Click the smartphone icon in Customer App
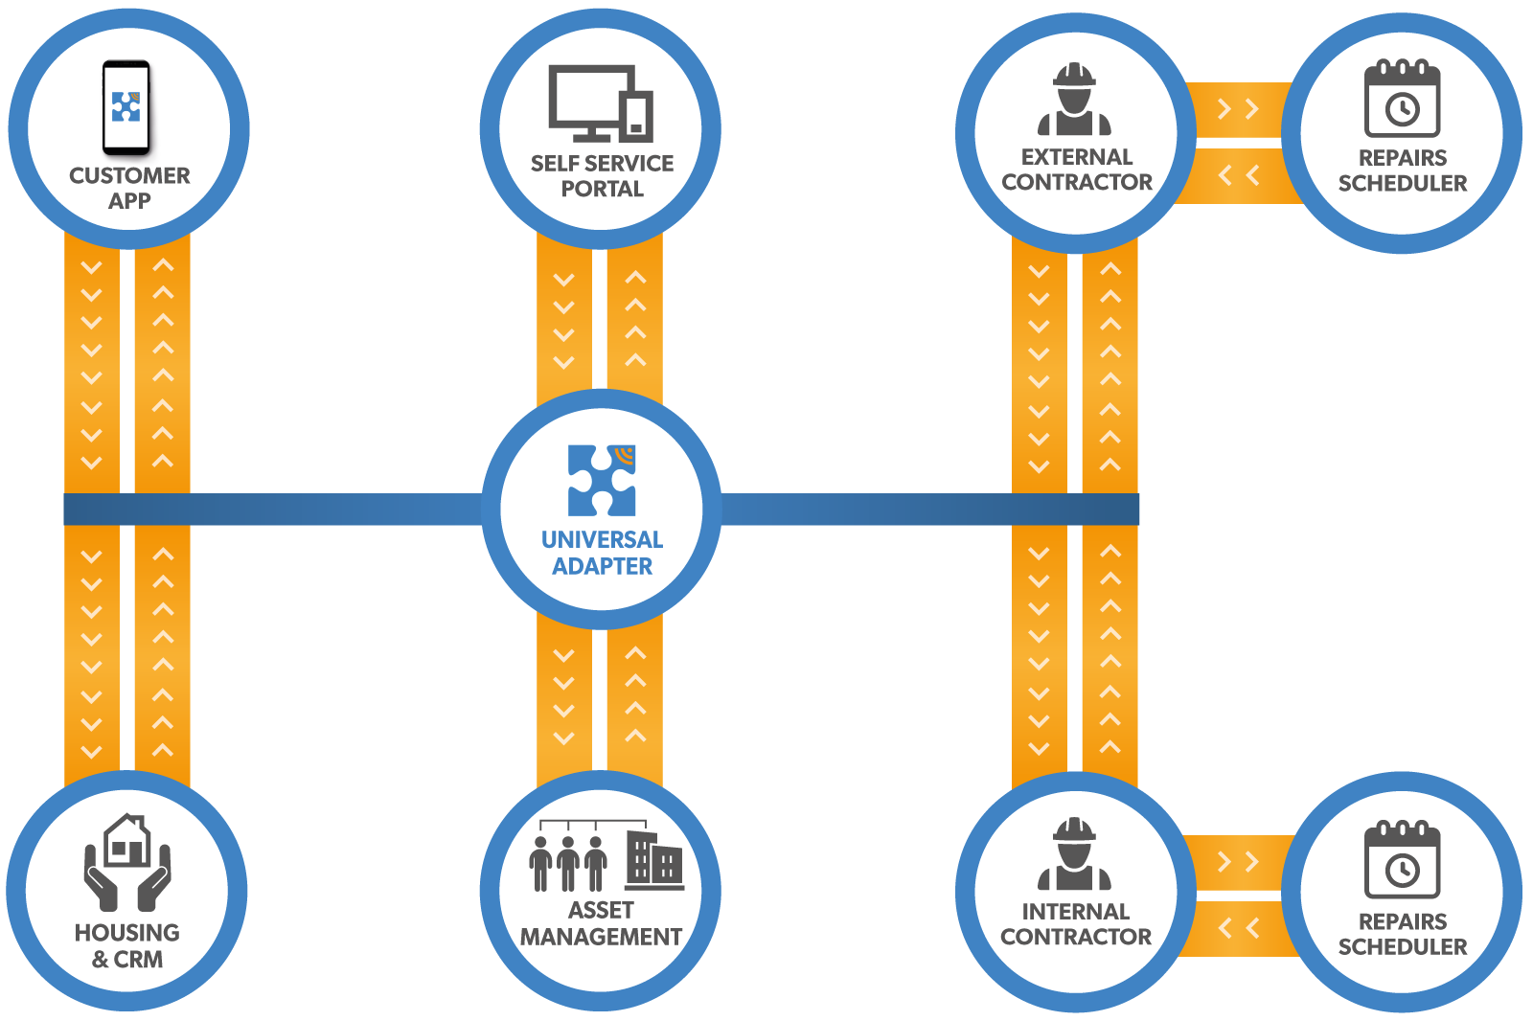click(126, 107)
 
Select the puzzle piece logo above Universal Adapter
click(602, 480)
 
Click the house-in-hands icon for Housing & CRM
click(127, 861)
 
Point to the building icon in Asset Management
click(654, 859)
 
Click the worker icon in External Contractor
click(1074, 100)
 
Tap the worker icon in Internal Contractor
click(1074, 854)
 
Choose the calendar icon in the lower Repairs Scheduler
click(1402, 859)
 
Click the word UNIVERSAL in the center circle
click(602, 540)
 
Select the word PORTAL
click(602, 190)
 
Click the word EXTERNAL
click(1076, 157)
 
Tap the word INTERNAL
click(1075, 912)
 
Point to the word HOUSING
click(127, 933)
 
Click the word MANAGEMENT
click(601, 937)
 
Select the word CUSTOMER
click(129, 176)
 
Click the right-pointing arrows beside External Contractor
click(1237, 109)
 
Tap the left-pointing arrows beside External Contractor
click(1238, 175)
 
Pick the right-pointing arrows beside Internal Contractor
click(1237, 862)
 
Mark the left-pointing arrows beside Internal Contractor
click(1238, 928)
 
